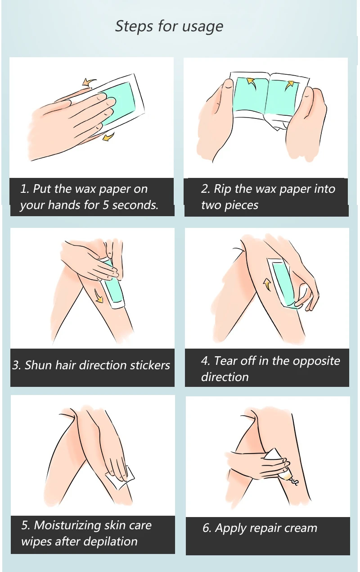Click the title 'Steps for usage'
click(x=169, y=27)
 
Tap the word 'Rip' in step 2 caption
click(x=222, y=190)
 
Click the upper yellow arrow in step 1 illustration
click(x=89, y=82)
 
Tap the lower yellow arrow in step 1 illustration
click(x=108, y=136)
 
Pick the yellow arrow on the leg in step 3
click(x=99, y=296)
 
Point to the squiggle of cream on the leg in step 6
click(x=293, y=481)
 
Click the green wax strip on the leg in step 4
click(x=283, y=282)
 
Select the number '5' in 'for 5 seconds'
click(x=106, y=205)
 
